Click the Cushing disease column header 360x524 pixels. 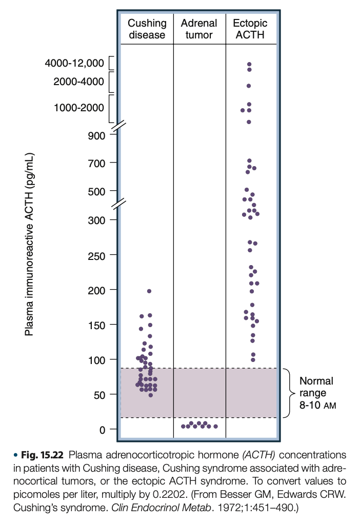click(147, 29)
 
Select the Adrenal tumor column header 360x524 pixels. click(199, 29)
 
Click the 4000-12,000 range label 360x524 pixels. click(74, 64)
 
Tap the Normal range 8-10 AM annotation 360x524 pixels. click(316, 393)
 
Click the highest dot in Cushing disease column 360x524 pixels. click(149, 291)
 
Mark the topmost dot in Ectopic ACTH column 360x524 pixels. click(249, 65)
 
